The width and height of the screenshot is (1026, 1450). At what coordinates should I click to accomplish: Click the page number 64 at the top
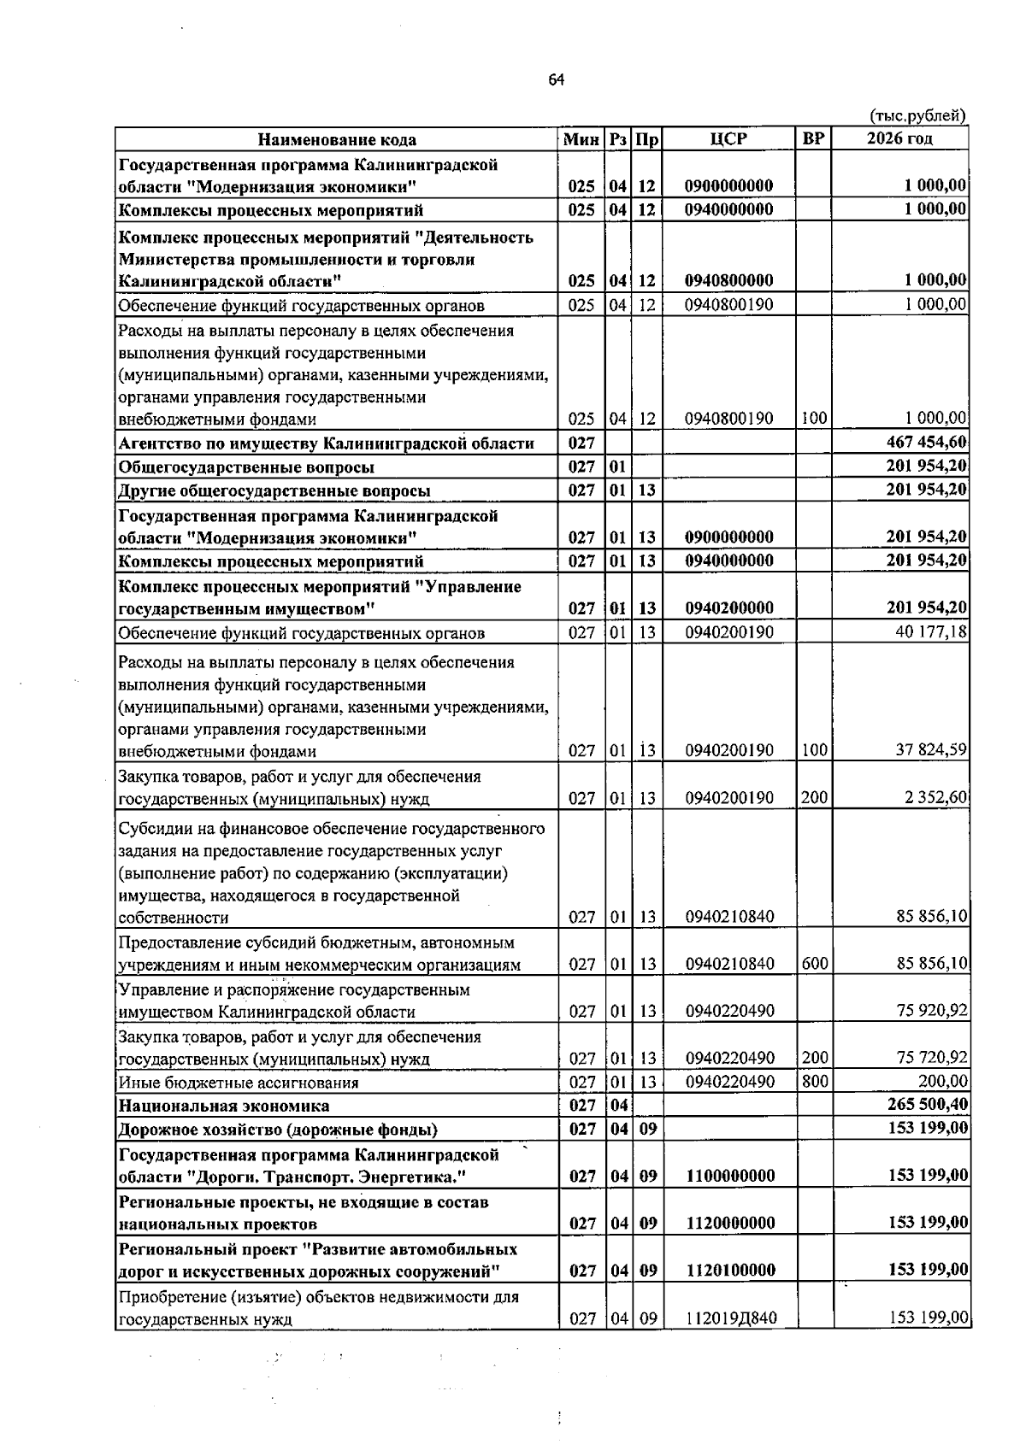tap(556, 79)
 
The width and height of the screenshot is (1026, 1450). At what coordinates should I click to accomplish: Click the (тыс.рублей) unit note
tap(917, 115)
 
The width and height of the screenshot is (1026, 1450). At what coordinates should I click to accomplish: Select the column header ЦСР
tap(728, 138)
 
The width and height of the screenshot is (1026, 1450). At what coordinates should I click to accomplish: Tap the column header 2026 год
tap(899, 138)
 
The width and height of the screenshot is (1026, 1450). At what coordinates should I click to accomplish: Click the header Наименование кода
tap(338, 139)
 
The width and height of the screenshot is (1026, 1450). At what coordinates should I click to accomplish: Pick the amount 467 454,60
tap(927, 442)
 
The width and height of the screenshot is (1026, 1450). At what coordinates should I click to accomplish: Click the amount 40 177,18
tap(930, 632)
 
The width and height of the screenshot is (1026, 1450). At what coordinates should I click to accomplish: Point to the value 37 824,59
tap(930, 750)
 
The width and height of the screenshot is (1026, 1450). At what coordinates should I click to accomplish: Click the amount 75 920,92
tap(931, 1011)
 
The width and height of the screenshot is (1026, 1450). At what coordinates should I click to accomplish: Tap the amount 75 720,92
tap(931, 1058)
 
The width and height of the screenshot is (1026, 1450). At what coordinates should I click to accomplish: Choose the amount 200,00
tap(942, 1081)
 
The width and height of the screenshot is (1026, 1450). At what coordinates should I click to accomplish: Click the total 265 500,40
tap(927, 1105)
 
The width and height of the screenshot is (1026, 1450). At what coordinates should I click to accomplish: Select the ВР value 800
tap(815, 1081)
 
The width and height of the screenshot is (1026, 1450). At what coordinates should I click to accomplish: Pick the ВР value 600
tap(815, 963)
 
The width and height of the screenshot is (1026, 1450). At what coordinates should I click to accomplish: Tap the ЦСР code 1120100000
tap(731, 1270)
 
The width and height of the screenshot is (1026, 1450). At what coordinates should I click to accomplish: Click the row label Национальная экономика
tap(223, 1106)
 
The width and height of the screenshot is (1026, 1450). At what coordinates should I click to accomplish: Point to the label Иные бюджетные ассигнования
tap(238, 1083)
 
